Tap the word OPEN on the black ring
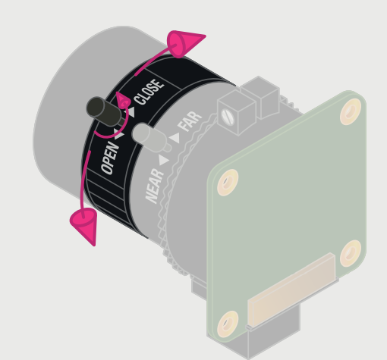coord(110,157)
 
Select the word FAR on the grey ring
coord(190,121)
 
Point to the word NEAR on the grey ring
coord(155,185)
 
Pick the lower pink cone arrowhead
coord(84,225)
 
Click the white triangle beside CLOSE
coord(131,111)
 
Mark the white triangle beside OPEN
coord(119,134)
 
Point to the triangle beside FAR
coord(175,138)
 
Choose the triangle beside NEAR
coord(164,160)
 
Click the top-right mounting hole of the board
coord(350,111)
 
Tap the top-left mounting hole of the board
coord(228,182)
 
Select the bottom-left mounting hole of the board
coord(227,324)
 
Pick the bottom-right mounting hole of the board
coord(350,253)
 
